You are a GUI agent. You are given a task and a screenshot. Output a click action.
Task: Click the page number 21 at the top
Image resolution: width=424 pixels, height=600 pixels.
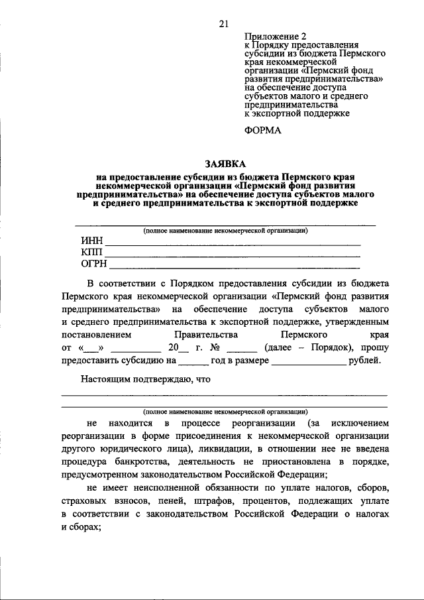tap(223, 25)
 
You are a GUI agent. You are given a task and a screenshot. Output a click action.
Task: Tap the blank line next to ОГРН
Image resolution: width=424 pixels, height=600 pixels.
tap(235, 267)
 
